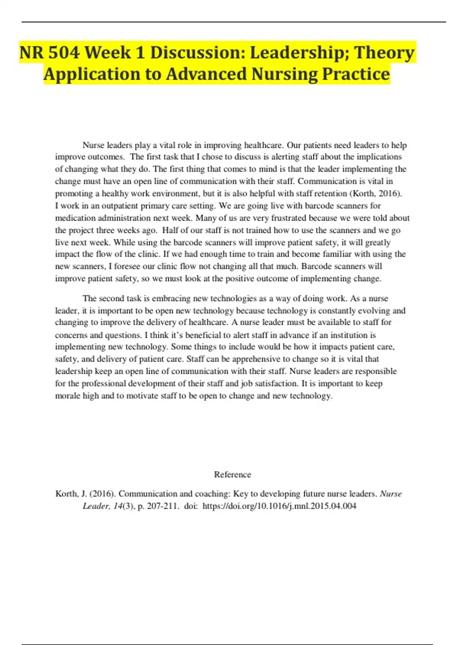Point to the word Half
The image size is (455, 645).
click(x=170, y=230)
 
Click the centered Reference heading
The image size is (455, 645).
click(x=232, y=475)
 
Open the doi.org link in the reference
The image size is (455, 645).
click(x=279, y=506)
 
